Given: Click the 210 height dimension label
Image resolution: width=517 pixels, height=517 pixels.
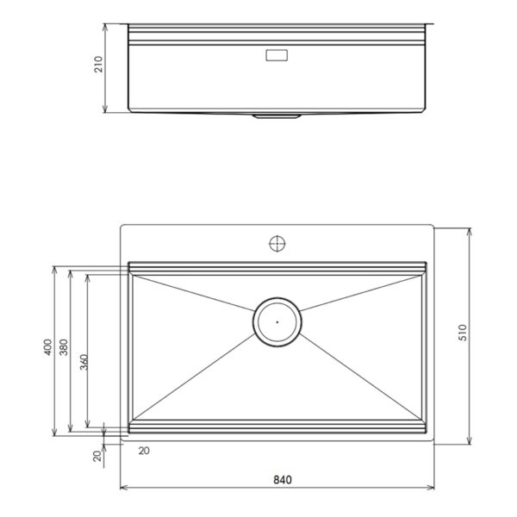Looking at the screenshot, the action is [x=98, y=65].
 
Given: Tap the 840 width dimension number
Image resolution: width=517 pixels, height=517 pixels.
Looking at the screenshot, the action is [x=283, y=480].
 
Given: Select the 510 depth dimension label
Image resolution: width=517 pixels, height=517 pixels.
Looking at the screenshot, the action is [x=463, y=333].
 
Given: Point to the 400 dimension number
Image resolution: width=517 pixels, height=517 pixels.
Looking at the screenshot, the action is [x=47, y=347].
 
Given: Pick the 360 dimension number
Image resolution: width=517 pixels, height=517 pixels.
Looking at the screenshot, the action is [x=84, y=362].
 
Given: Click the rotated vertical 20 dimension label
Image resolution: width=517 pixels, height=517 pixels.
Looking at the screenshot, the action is [x=97, y=456].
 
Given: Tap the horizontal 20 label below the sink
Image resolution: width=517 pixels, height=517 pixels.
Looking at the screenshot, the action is [x=144, y=451].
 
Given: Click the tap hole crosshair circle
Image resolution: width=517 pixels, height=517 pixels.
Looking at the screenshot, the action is [x=277, y=244].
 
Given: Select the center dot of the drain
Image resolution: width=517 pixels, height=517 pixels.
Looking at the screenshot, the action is [x=277, y=322].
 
